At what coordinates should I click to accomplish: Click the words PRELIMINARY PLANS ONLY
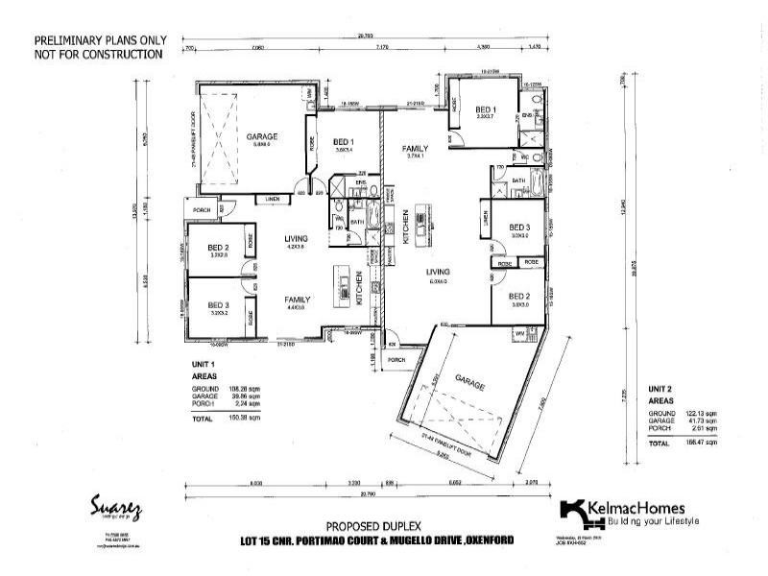pyautogui.click(x=100, y=41)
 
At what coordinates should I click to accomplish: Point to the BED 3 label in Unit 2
pyautogui.click(x=520, y=227)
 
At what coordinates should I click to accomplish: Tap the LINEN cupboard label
pyautogui.click(x=273, y=199)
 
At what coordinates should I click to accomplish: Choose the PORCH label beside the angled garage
pyautogui.click(x=396, y=361)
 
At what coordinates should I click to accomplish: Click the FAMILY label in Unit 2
pyautogui.click(x=415, y=149)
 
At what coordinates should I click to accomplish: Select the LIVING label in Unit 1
pyautogui.click(x=295, y=239)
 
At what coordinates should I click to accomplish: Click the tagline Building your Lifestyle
pyautogui.click(x=652, y=521)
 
